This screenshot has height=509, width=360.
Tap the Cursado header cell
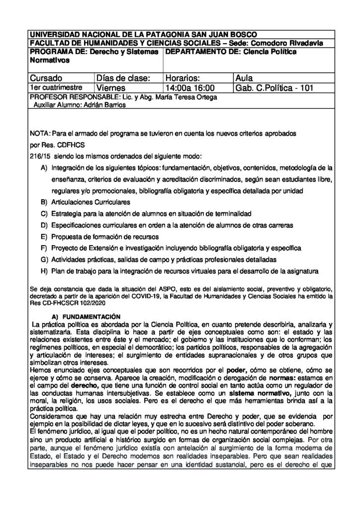click(46, 78)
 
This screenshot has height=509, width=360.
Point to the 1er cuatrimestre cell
click(52, 87)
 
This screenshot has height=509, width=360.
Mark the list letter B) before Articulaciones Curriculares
click(44, 202)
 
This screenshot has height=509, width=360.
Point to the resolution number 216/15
click(37, 156)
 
